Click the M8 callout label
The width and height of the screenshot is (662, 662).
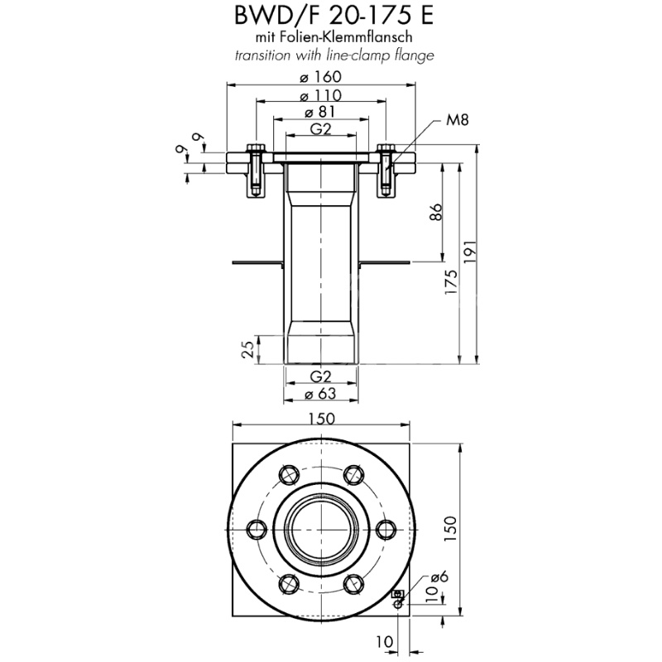coord(457,121)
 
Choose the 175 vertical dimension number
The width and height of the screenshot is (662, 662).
coord(451,282)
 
